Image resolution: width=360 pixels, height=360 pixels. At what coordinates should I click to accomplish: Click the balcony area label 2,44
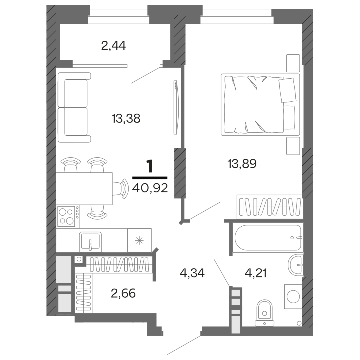113,46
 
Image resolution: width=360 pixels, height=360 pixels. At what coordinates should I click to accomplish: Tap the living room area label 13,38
126,118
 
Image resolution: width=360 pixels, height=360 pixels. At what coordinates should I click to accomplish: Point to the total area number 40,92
150,188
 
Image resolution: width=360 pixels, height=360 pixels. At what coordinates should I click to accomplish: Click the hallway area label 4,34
192,273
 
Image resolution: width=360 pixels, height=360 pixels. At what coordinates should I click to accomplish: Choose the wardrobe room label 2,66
123,292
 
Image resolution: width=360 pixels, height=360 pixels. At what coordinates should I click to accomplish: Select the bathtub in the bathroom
267,237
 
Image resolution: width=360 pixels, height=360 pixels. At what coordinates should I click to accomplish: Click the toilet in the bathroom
263,312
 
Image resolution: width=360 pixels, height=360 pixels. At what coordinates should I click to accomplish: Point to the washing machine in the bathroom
292,296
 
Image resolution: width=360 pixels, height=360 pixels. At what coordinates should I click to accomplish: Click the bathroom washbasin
297,263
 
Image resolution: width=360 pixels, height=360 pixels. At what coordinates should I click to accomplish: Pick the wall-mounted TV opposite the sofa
175,107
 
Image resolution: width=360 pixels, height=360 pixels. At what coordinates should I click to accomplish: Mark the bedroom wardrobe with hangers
269,206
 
